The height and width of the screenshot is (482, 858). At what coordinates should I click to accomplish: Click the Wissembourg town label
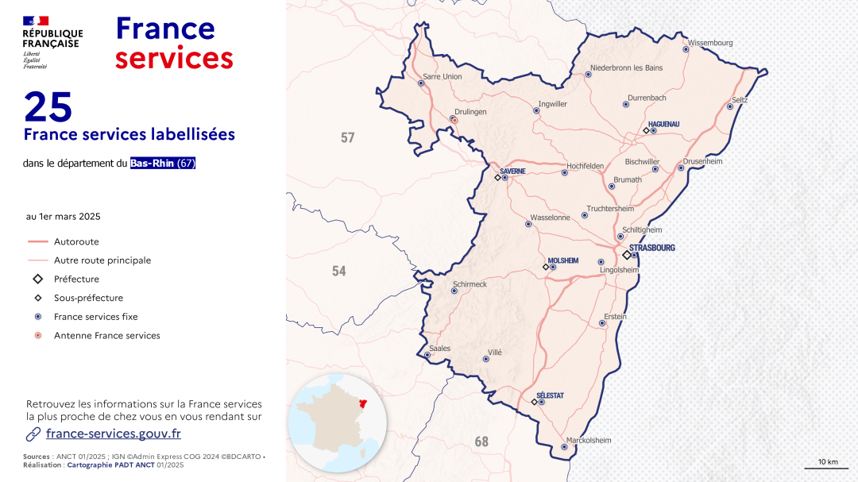(710, 43)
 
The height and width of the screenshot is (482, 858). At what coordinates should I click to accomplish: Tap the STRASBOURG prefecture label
(651, 248)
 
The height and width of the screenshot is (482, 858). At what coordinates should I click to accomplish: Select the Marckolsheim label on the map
(589, 441)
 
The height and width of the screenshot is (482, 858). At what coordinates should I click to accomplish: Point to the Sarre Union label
(443, 77)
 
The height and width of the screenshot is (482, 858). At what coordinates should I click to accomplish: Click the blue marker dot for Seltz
(730, 106)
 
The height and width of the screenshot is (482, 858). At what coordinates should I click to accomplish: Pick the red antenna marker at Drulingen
(454, 120)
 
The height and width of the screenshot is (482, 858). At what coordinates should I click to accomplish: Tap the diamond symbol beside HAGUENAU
(646, 131)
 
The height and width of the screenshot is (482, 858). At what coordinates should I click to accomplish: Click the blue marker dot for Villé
(485, 359)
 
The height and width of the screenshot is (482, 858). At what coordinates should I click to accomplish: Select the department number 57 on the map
(347, 138)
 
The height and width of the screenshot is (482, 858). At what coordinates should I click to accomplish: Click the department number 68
(481, 442)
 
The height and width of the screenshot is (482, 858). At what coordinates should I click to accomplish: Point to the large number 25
(48, 106)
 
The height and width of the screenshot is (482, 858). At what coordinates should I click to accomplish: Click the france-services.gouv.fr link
(114, 434)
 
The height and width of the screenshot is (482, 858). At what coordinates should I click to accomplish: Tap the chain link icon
(33, 434)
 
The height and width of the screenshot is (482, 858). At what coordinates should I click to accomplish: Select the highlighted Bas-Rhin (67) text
(163, 164)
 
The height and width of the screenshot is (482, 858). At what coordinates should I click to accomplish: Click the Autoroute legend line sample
(37, 241)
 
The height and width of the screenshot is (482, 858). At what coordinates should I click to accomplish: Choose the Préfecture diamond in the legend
(37, 279)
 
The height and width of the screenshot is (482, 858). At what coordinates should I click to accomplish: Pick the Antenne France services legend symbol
(37, 336)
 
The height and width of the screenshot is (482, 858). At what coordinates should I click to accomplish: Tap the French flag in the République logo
(36, 20)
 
